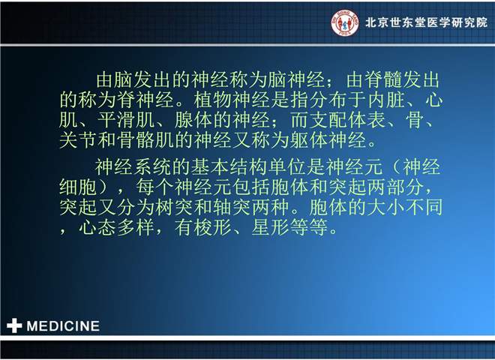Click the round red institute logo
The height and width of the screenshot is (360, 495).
pyautogui.click(x=345, y=22)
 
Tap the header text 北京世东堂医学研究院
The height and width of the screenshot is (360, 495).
pyautogui.click(x=427, y=22)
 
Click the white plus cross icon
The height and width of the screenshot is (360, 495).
pyautogui.click(x=14, y=325)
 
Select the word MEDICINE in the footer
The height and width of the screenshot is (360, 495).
pyautogui.click(x=63, y=326)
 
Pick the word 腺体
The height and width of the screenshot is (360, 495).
pyautogui.click(x=193, y=120)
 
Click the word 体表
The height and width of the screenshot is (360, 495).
pyautogui.click(x=367, y=120)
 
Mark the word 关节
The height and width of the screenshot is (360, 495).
pyautogui.click(x=78, y=140)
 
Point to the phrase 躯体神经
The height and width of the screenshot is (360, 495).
pyautogui.click(x=328, y=140)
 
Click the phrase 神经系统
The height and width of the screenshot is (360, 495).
pyautogui.click(x=133, y=166)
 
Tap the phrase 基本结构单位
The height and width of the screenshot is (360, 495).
pyautogui.click(x=248, y=166)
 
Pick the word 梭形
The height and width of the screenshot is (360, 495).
pyautogui.click(x=213, y=227)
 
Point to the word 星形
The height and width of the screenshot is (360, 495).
pyautogui.click(x=271, y=227)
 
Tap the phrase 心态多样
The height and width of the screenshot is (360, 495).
pyautogui.click(x=116, y=227)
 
